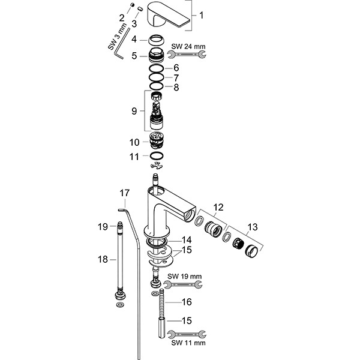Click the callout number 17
pyautogui.click(x=124, y=193)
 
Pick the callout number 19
pyautogui.click(x=103, y=226)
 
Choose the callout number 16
pyautogui.click(x=187, y=302)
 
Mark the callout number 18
pyautogui.click(x=103, y=259)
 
